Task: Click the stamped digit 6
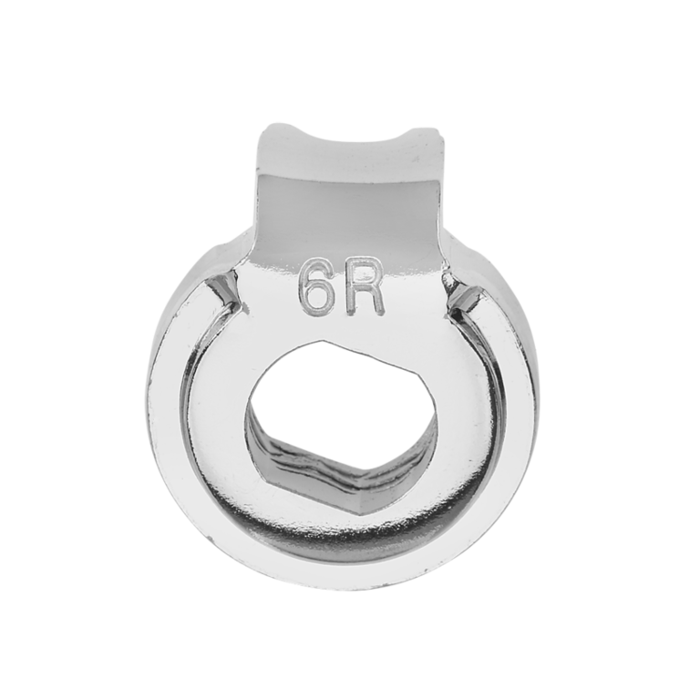317,288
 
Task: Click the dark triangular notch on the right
459,294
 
